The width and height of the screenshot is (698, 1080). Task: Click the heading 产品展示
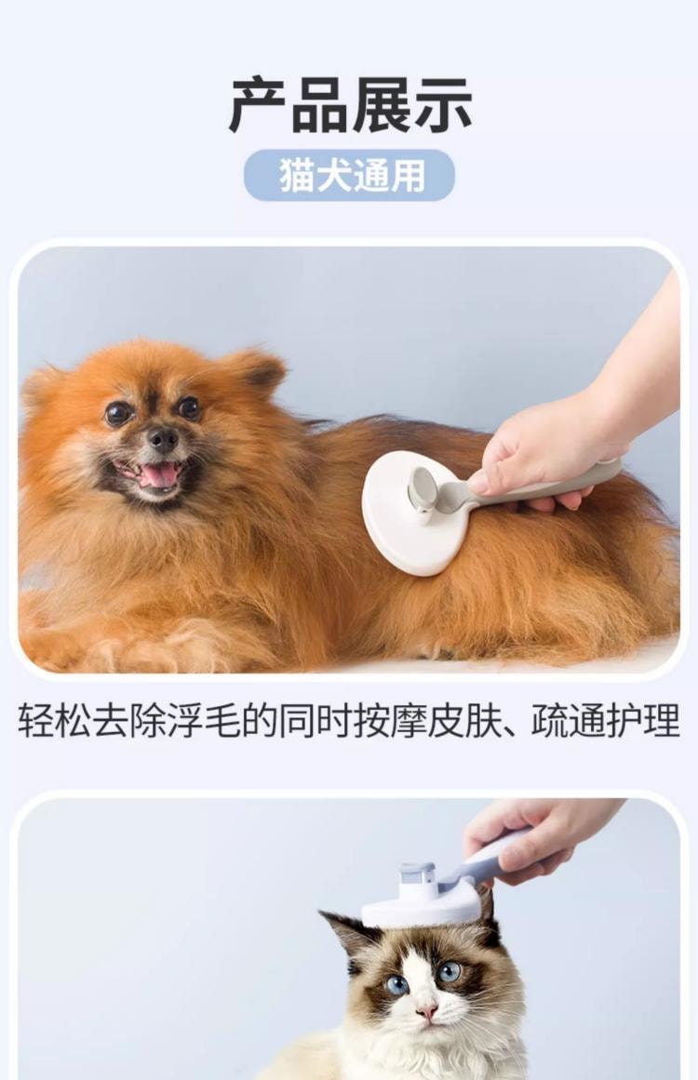coord(350,106)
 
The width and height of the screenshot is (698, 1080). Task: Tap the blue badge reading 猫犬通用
coord(349,176)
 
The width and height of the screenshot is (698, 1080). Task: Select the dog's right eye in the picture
coord(189,407)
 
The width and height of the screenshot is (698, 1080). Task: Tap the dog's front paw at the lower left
coord(56,647)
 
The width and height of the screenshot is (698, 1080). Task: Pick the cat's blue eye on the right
coord(450,971)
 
